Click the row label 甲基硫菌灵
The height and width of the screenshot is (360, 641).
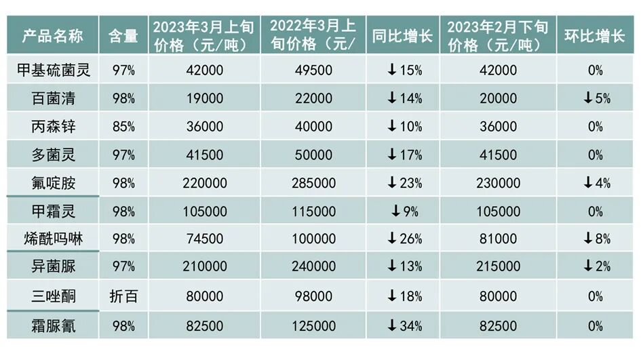(x=53, y=70)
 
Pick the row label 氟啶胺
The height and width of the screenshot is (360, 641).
(x=53, y=183)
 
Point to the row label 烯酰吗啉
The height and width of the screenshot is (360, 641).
(x=53, y=239)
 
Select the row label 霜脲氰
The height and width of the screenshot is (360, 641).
(x=53, y=325)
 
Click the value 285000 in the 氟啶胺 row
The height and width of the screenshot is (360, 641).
(x=312, y=183)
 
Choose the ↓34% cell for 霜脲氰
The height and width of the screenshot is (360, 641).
(x=404, y=325)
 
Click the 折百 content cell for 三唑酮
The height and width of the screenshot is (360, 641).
(x=123, y=296)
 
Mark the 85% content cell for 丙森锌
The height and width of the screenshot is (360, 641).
(x=123, y=127)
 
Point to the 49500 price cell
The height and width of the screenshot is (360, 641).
(x=312, y=70)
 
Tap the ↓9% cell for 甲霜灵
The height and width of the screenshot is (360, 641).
(x=404, y=212)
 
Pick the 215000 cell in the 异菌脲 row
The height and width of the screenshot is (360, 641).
(x=497, y=268)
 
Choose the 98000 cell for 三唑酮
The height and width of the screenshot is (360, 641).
(x=312, y=296)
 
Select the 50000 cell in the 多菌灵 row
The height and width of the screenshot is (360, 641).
(x=312, y=155)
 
